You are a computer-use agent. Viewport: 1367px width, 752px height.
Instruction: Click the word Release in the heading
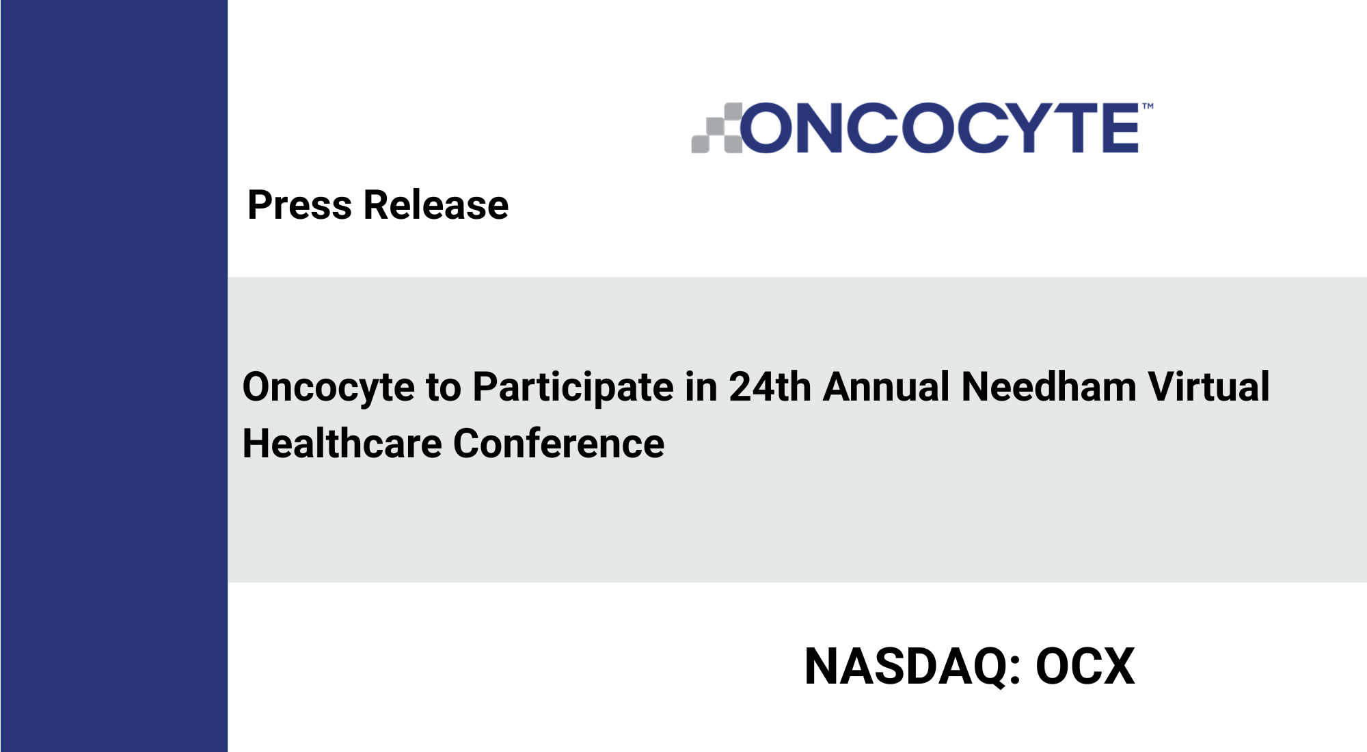coord(436,205)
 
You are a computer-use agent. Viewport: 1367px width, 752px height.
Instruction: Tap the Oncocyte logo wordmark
coord(939,128)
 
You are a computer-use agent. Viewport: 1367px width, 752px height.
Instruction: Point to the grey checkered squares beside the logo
coord(716,128)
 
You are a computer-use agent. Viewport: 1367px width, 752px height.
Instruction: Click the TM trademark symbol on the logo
coord(1148,106)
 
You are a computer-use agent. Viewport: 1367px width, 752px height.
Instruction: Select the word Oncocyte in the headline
coord(329,388)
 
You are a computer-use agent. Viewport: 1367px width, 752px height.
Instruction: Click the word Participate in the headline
coord(573,388)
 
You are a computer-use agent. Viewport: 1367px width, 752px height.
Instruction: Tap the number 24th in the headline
coord(770,387)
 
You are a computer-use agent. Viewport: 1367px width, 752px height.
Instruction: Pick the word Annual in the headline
coord(886,387)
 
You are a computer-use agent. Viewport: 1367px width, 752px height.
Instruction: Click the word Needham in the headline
coord(1049,387)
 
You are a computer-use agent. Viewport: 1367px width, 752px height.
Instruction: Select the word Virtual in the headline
coord(1208,387)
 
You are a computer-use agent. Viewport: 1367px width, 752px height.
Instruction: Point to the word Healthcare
coord(342,444)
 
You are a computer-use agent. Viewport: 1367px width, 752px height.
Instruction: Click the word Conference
coord(558,444)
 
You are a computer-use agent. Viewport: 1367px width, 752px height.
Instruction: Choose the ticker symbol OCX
coord(1085,666)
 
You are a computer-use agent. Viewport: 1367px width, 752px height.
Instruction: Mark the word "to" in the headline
coord(444,388)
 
